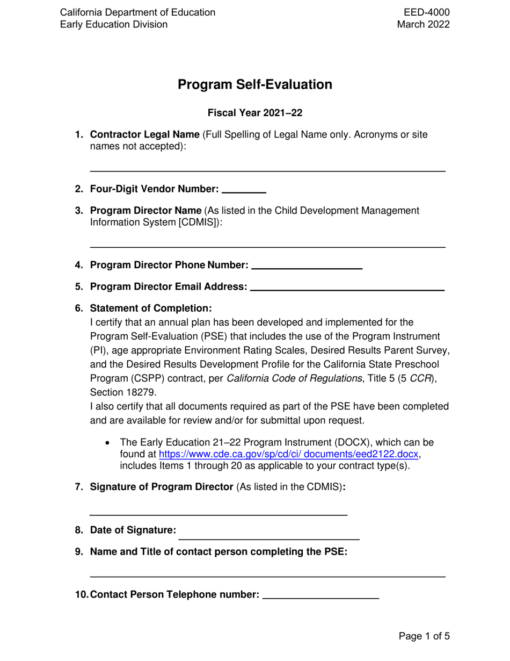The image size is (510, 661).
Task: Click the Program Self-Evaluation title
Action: point(254,84)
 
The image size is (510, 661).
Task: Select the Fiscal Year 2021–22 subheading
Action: point(254,113)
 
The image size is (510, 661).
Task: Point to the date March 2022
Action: point(423,24)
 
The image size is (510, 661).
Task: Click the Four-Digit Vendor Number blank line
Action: point(244,191)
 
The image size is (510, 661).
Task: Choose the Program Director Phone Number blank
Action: point(307,267)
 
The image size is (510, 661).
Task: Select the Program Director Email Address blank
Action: point(347,290)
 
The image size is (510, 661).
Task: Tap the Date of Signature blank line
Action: point(268,538)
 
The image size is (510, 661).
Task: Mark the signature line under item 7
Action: point(218,515)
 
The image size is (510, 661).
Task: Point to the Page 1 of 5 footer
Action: point(424,637)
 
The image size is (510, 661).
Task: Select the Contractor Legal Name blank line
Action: point(267,171)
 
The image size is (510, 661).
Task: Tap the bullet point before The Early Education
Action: point(109,443)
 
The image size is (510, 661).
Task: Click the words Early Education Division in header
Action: point(113,24)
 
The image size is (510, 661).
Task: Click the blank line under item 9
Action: point(267,576)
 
